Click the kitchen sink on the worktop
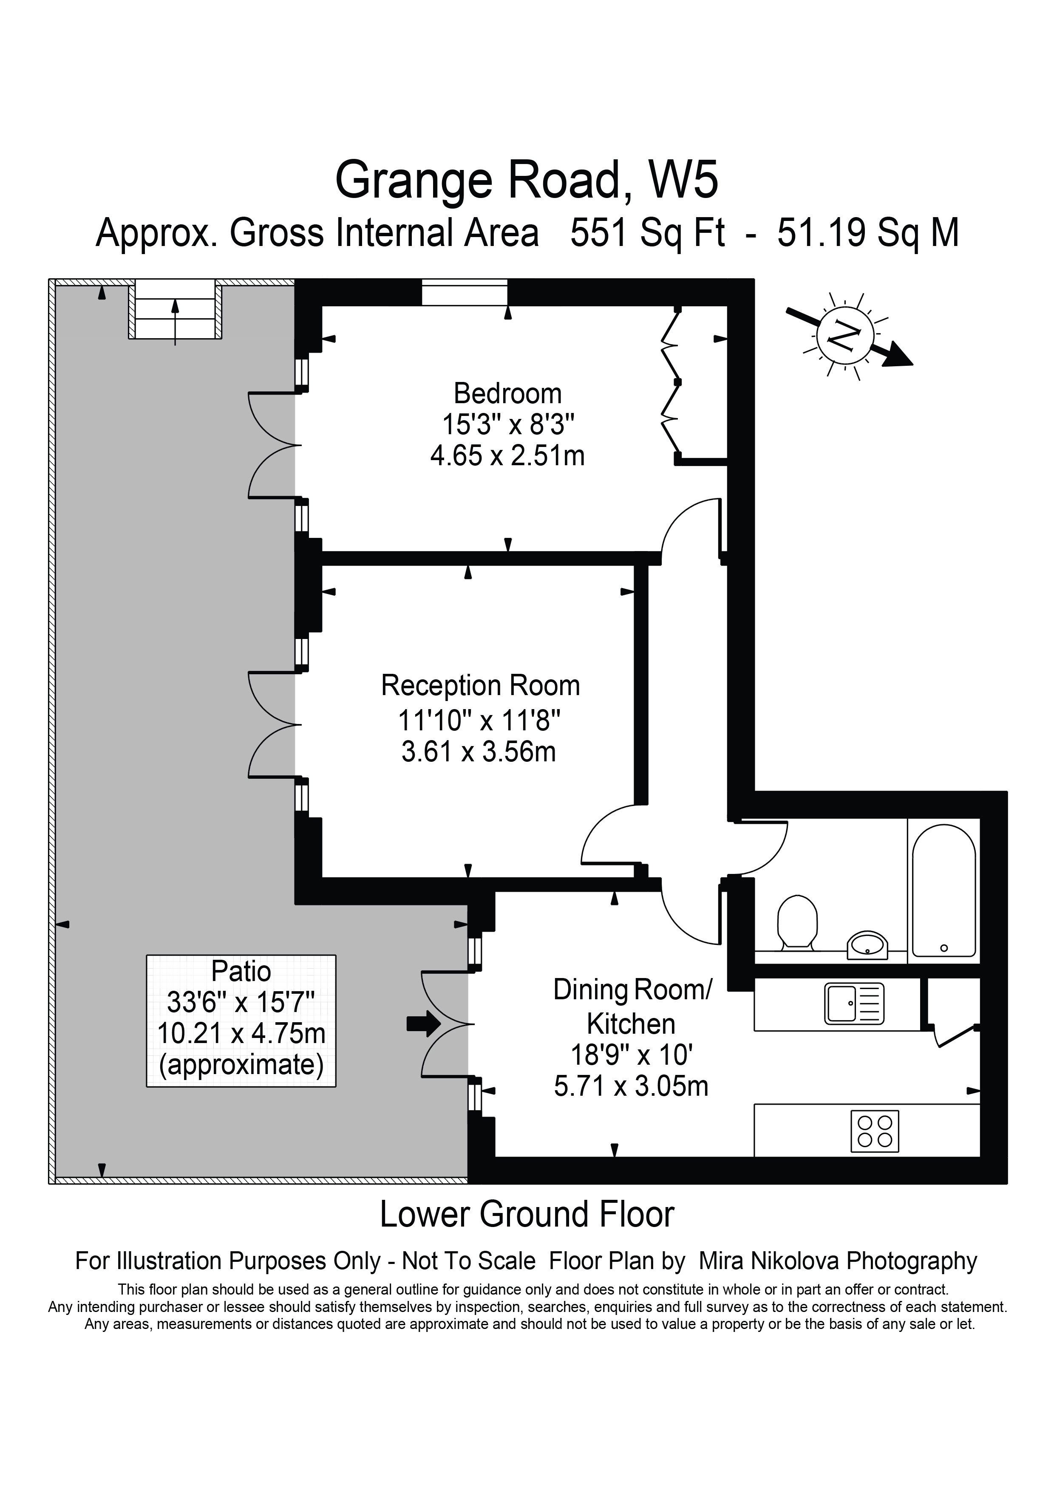[x=854, y=1003]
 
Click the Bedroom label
[x=507, y=393]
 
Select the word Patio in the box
[x=241, y=972]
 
